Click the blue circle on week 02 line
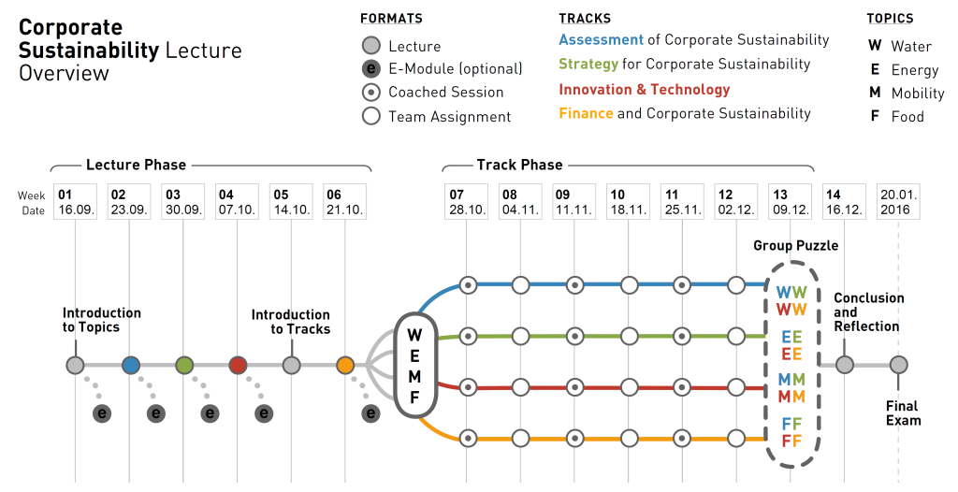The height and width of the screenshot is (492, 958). [130, 365]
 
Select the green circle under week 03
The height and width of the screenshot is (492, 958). [184, 365]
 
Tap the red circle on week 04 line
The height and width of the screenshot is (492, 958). [238, 365]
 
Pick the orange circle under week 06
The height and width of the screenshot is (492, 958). [345, 365]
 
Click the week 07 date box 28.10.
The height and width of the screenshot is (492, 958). [467, 202]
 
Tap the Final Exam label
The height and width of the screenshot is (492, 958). [903, 412]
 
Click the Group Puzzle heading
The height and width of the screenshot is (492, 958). [795, 245]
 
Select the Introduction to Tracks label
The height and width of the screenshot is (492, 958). [291, 322]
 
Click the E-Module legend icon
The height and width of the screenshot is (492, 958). [371, 68]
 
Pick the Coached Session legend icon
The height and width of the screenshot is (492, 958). [371, 92]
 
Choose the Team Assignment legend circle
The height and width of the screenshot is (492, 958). [371, 116]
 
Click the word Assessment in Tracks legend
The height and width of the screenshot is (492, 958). [601, 40]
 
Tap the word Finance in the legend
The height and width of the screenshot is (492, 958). [586, 113]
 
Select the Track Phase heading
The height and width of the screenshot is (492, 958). [519, 165]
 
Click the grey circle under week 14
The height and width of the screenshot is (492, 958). [844, 365]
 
